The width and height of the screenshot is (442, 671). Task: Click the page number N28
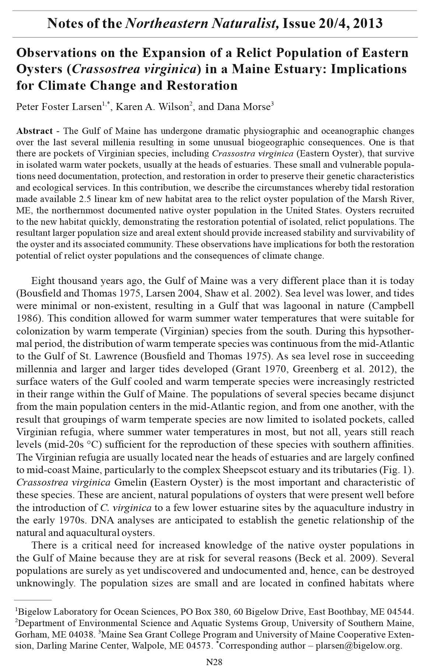click(x=214, y=662)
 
